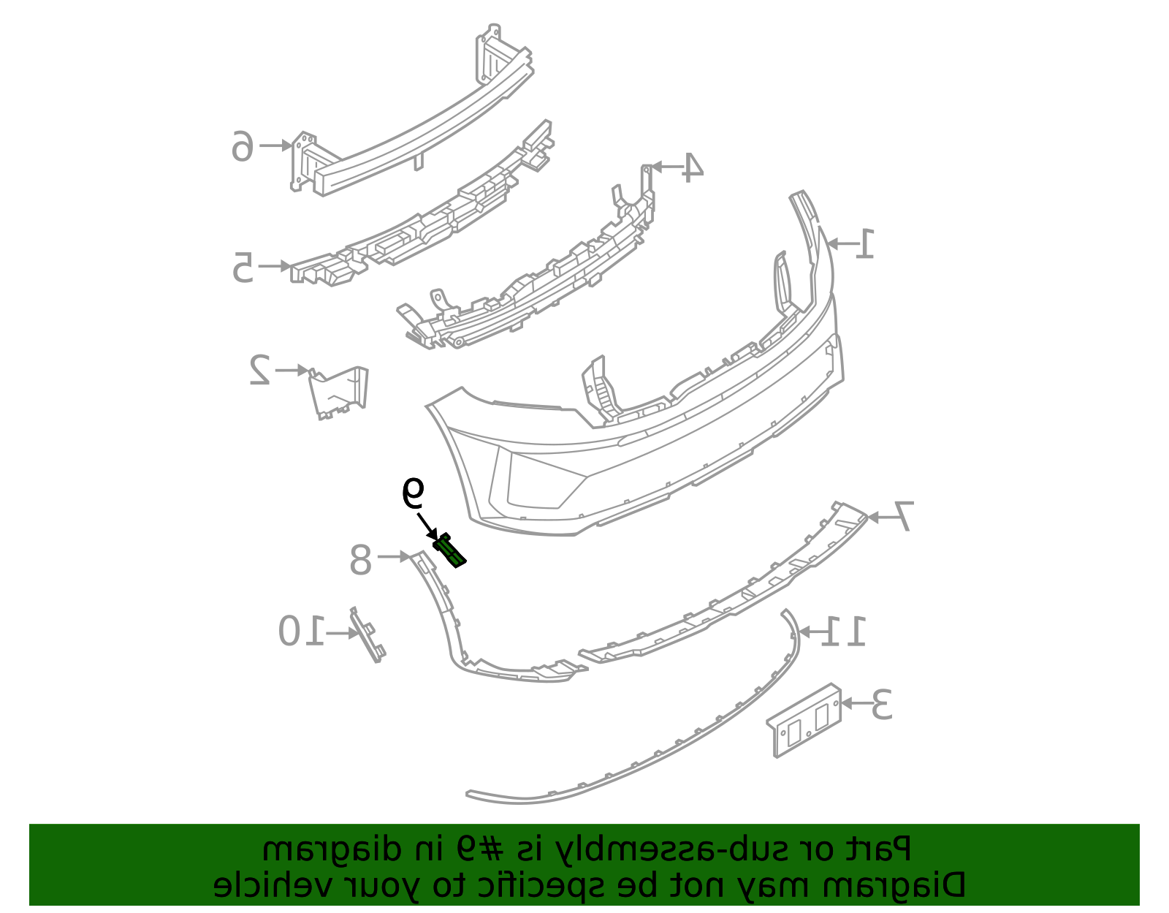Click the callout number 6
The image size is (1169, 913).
243,145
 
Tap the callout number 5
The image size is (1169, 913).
243,267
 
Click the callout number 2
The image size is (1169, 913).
260,370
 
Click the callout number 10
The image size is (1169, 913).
301,631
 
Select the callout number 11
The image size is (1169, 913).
843,631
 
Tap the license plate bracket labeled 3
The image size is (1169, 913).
804,721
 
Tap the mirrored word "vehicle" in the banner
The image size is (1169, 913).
266,885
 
